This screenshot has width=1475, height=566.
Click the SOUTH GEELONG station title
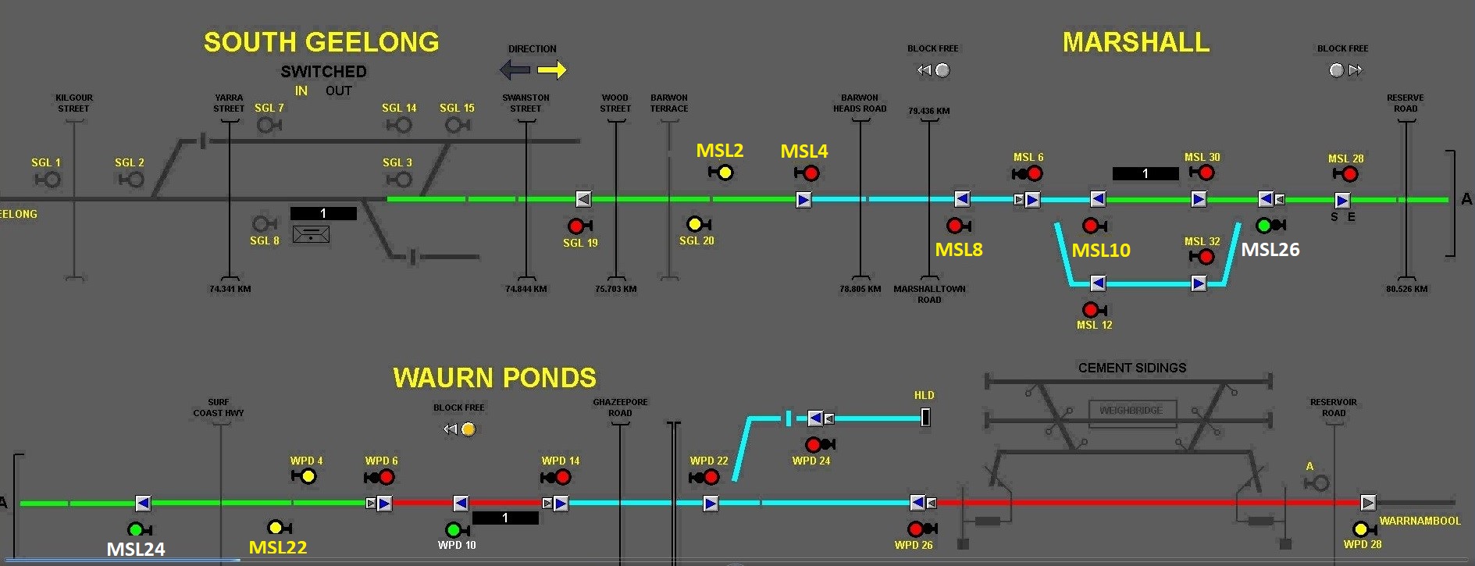click(321, 42)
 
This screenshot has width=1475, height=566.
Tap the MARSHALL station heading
click(1135, 42)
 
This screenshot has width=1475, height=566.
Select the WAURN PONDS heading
click(494, 378)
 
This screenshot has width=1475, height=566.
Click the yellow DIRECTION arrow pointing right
click(552, 70)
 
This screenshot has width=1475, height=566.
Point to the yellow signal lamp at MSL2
click(725, 173)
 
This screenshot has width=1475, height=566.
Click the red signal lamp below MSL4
click(811, 173)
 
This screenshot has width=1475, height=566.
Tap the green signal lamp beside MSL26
click(1264, 226)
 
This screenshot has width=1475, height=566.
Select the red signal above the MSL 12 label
click(1091, 310)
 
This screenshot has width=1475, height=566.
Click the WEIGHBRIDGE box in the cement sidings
click(1131, 410)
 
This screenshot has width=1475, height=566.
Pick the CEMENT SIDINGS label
click(1131, 368)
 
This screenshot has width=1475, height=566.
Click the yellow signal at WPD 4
click(308, 476)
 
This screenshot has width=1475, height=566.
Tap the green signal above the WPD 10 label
click(453, 530)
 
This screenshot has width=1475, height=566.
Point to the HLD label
click(924, 395)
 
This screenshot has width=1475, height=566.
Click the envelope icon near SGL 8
click(311, 233)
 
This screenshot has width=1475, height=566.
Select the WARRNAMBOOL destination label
click(1420, 521)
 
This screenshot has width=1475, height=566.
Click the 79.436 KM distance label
click(928, 111)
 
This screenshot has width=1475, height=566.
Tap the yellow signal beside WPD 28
click(1360, 529)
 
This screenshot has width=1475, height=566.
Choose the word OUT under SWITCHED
click(338, 91)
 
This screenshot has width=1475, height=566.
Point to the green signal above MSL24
click(135, 530)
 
